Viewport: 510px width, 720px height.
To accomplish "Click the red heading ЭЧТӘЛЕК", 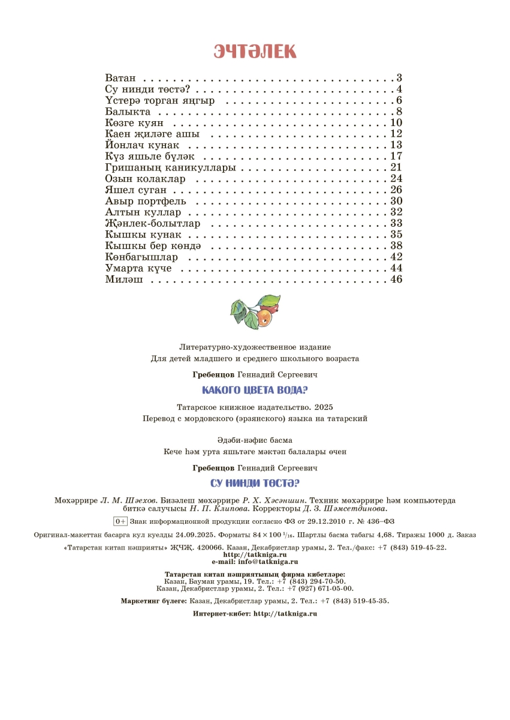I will tap(255, 52).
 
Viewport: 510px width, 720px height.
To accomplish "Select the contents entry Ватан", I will tap(120, 78).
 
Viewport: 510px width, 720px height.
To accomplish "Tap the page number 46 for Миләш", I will tap(396, 280).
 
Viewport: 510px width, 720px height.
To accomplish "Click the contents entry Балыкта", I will tap(128, 112).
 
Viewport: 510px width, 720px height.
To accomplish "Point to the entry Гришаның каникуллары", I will tap(170, 167).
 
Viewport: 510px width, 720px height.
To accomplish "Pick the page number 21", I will tap(396, 167).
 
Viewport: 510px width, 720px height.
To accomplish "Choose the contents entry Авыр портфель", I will tap(146, 201).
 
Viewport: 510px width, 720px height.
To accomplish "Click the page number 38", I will tap(396, 246).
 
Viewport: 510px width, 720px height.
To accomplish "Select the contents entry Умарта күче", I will tap(138, 268).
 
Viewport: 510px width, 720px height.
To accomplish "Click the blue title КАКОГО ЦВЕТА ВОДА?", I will tap(255, 391).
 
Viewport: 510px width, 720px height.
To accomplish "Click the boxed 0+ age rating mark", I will tap(120, 521).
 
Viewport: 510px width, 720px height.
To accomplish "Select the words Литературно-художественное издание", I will tap(255, 347).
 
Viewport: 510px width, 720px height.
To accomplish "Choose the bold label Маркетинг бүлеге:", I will tap(154, 601).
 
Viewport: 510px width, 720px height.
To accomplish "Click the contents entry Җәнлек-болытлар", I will tap(153, 223).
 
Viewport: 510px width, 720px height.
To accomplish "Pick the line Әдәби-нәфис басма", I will tap(255, 440).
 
